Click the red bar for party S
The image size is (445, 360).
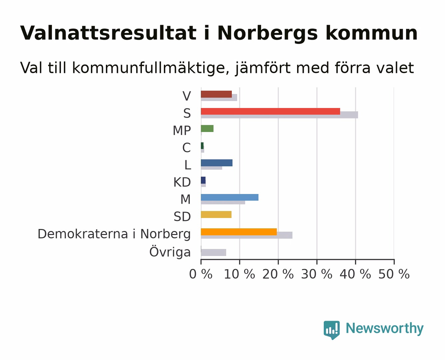[270, 111]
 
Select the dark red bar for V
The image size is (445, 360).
[216, 94]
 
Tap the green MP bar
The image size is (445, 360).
[207, 128]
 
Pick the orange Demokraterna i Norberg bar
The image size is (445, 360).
[239, 232]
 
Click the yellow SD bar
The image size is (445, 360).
[216, 214]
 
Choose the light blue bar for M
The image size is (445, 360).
[229, 197]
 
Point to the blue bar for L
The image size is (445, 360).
[217, 163]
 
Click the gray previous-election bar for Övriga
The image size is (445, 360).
[214, 252]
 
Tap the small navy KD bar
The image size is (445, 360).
[203, 180]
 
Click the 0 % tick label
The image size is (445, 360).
[201, 274]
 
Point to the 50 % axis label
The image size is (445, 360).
[394, 274]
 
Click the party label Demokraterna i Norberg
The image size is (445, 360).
[114, 234]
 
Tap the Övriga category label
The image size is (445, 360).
[170, 251]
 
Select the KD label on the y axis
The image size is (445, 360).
[182, 182]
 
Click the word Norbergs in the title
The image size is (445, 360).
[268, 33]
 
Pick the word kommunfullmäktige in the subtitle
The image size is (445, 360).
[151, 68]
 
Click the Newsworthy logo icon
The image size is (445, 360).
[332, 330]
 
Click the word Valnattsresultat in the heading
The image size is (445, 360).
[108, 33]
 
